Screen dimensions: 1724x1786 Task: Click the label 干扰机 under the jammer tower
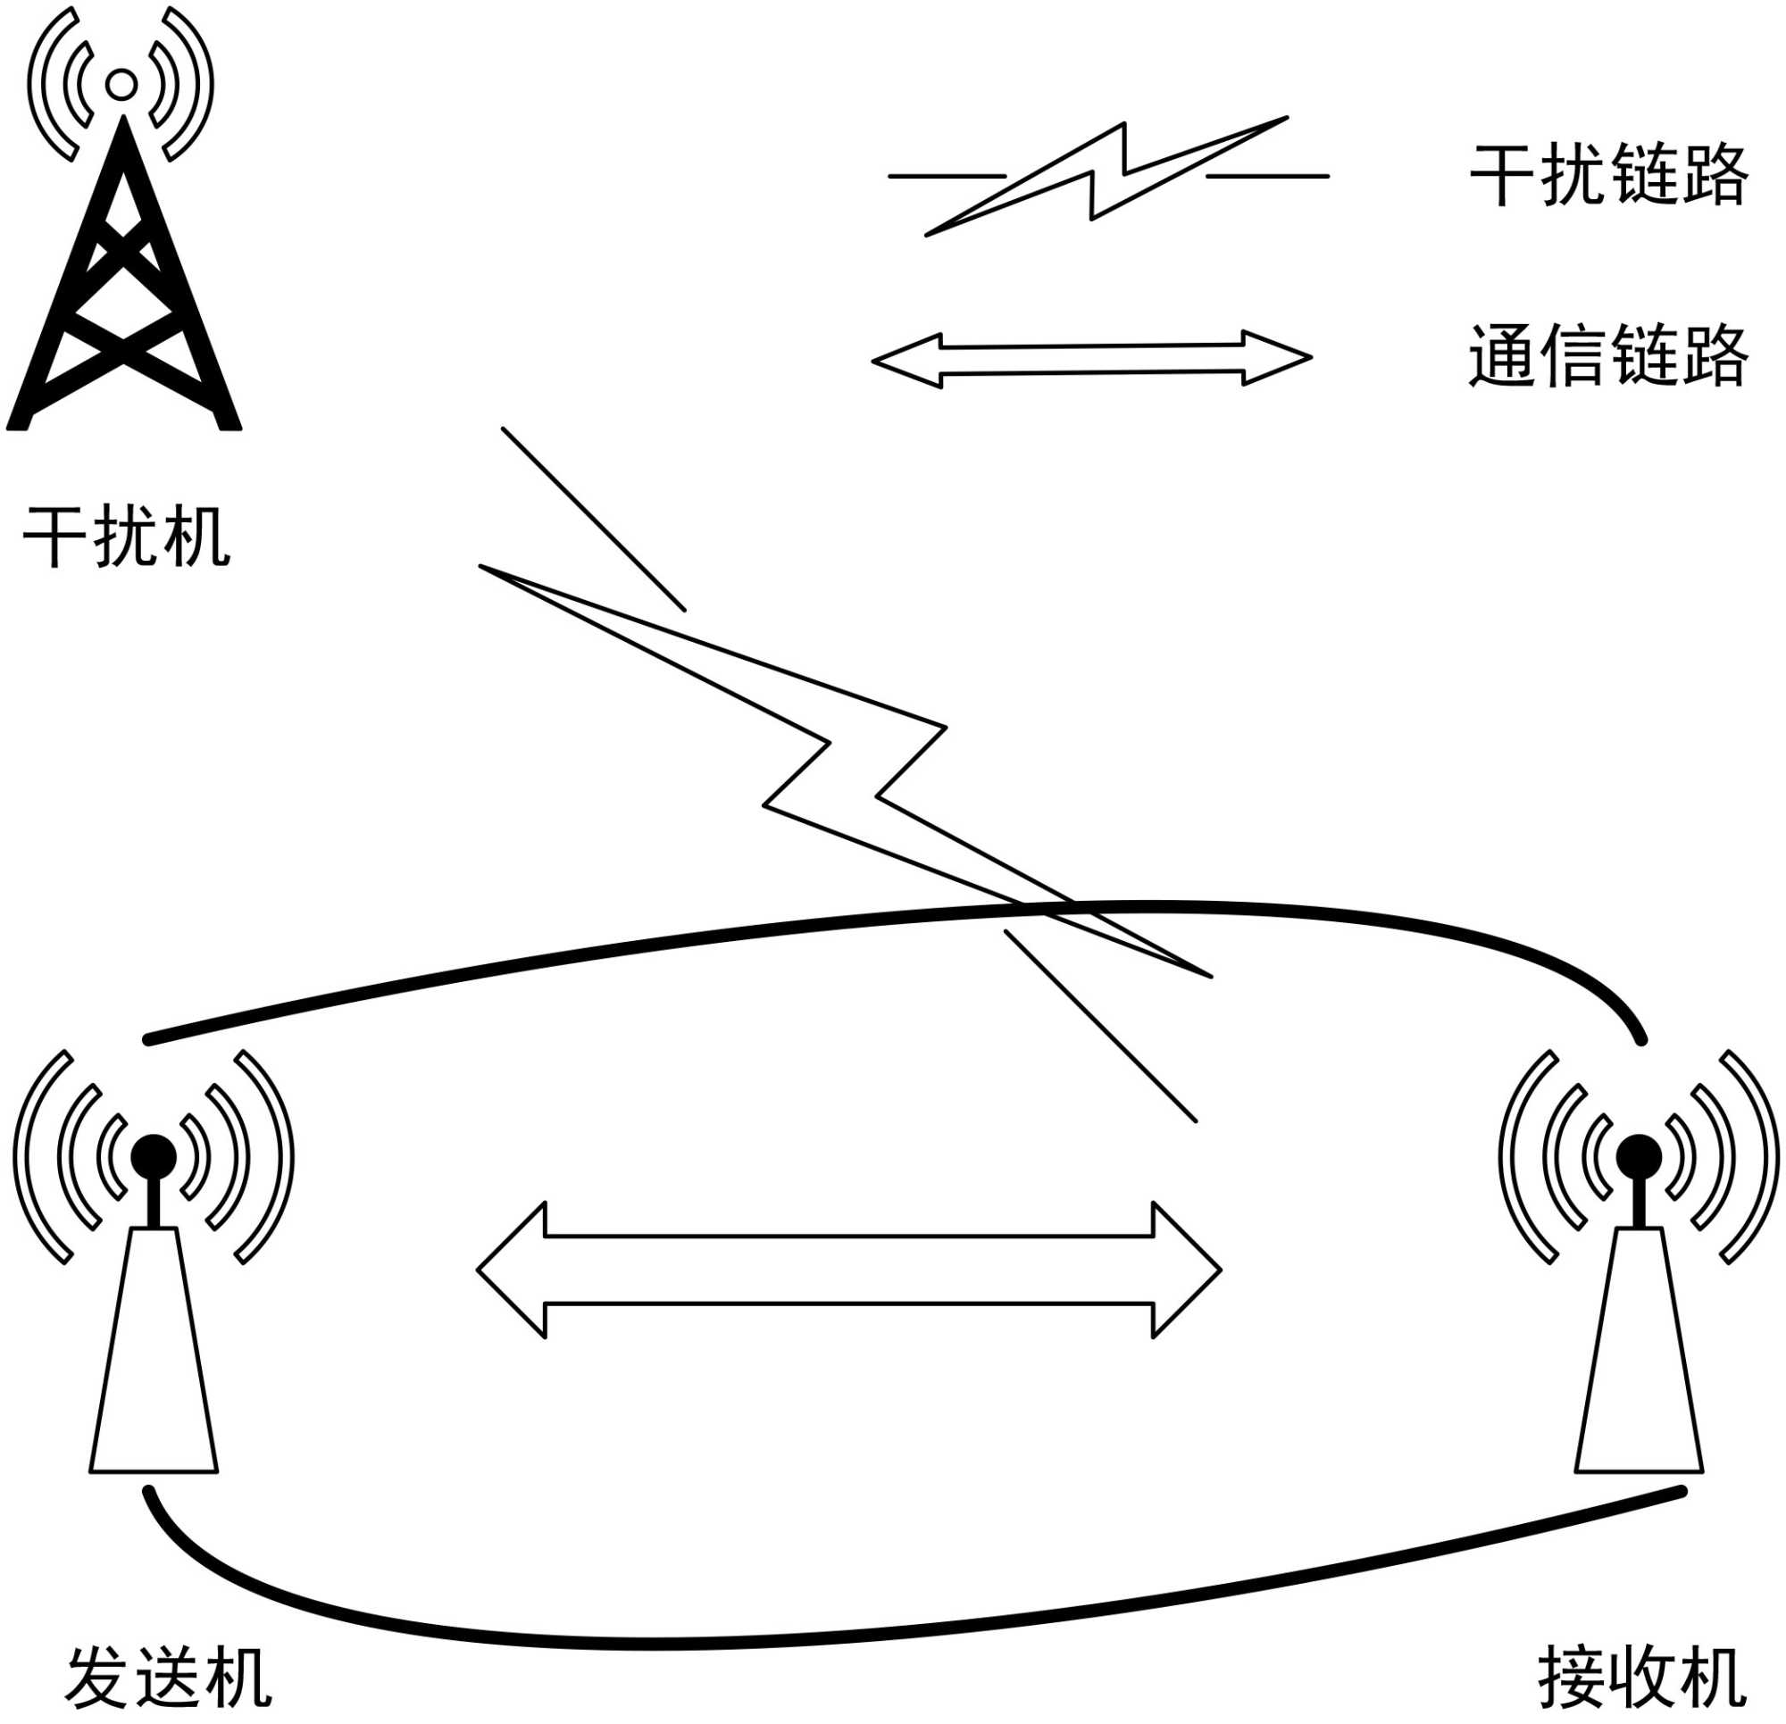[127, 537]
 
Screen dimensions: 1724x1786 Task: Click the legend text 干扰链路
[1609, 174]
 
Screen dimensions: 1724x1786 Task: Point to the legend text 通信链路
[1609, 355]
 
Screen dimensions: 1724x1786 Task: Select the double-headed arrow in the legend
[1091, 359]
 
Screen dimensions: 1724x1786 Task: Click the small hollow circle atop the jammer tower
[121, 84]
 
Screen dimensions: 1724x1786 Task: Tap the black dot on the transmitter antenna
[153, 1156]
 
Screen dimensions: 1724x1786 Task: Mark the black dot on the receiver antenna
[1639, 1156]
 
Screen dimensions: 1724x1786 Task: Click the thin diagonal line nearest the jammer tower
[593, 519]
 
